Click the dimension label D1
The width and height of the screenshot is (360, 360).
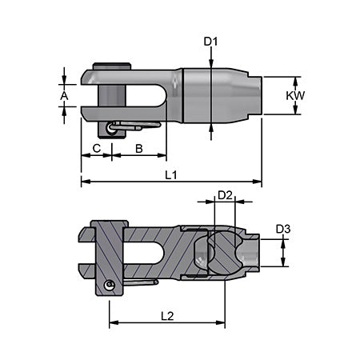(210, 40)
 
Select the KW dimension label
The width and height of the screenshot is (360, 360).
(296, 95)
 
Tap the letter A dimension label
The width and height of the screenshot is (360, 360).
(64, 96)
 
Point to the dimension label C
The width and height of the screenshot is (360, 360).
(96, 148)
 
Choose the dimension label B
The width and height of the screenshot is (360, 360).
(138, 148)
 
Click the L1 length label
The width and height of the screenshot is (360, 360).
(170, 174)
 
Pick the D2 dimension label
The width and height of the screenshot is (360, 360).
(225, 195)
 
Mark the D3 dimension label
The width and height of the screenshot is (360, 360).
(283, 230)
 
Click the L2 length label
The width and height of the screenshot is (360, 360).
(166, 315)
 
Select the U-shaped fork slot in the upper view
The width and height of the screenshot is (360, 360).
(136, 95)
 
